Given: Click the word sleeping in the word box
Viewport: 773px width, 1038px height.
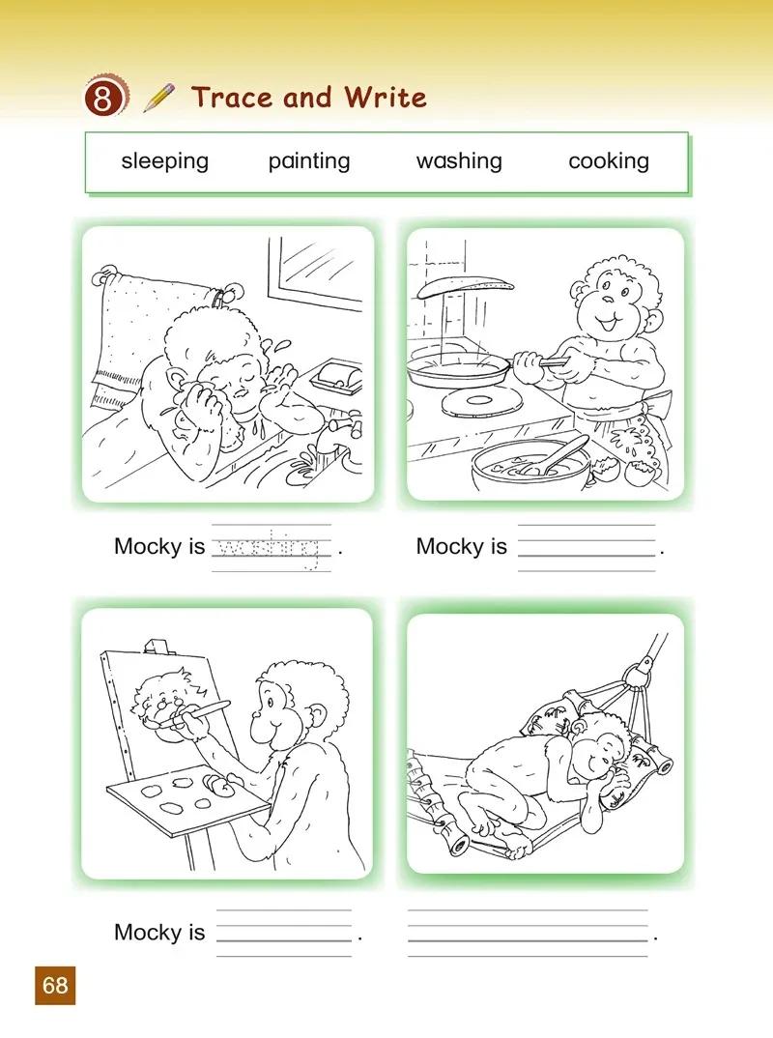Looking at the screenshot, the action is (x=165, y=161).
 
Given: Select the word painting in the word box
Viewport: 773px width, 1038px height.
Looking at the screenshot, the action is (x=309, y=161).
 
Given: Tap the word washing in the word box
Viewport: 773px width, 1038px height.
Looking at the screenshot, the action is (x=459, y=161).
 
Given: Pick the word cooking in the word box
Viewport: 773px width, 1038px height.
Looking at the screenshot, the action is (x=609, y=161).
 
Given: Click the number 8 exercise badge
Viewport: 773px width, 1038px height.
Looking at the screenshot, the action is (x=104, y=98).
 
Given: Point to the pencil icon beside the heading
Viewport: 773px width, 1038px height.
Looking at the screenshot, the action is (x=158, y=98).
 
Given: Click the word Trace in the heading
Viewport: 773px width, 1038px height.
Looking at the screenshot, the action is (x=232, y=98).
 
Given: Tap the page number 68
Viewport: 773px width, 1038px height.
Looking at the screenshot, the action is (x=55, y=985).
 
